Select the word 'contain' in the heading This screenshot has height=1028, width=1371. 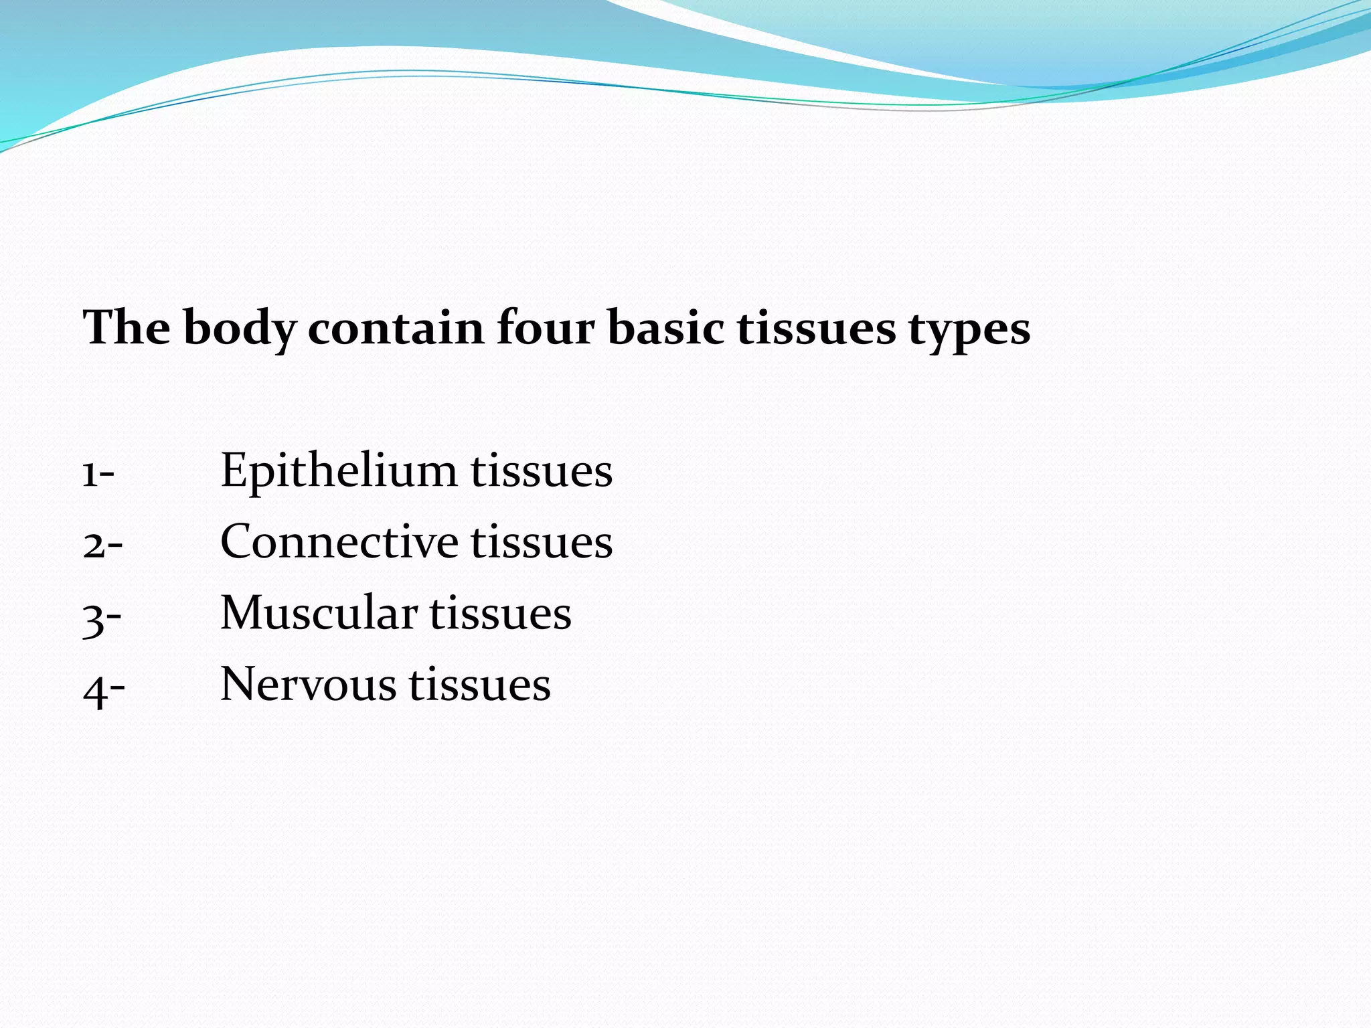pos(396,329)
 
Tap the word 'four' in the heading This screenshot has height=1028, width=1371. pos(546,329)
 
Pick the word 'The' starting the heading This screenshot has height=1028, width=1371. pos(127,328)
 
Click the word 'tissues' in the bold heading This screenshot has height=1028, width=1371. pos(816,329)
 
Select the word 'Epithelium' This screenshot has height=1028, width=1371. pos(339,470)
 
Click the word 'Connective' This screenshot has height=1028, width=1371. pos(339,541)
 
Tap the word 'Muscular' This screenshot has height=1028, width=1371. pos(319,612)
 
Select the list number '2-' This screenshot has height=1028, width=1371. pos(102,544)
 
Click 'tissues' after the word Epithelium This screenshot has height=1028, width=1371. pos(542,470)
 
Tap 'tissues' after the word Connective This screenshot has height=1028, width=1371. pos(542,541)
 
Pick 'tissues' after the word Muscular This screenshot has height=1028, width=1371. pos(500,613)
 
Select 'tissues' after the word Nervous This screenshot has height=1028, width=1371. pos(480,685)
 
